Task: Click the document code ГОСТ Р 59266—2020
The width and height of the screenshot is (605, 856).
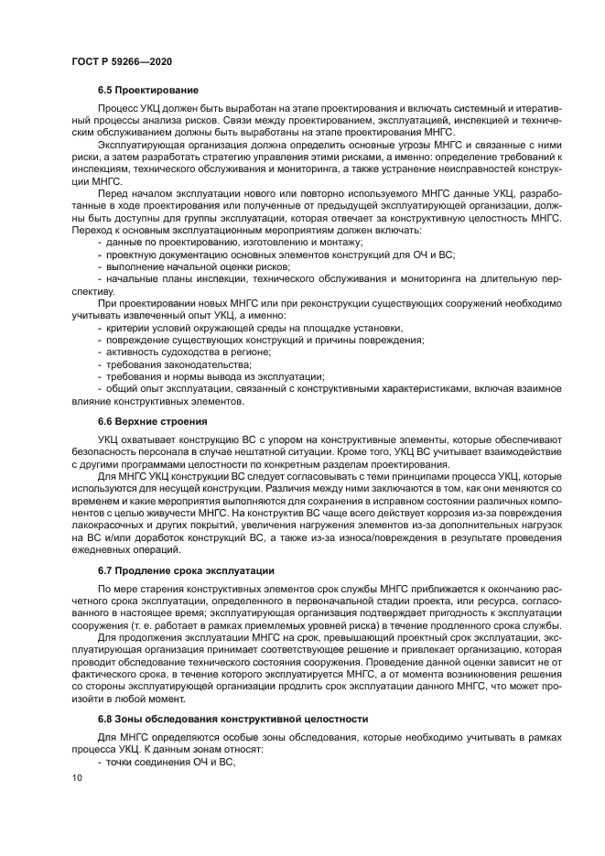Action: [x=121, y=60]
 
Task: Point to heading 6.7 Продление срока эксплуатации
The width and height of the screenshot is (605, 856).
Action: [x=186, y=570]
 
